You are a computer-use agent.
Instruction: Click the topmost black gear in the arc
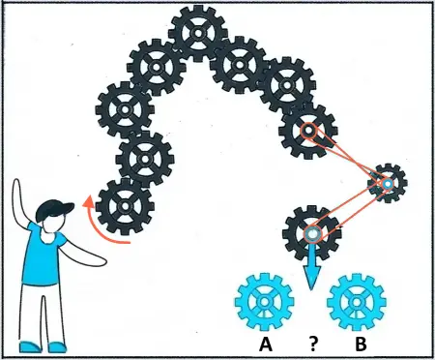197,35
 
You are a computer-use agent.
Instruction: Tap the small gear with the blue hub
388,183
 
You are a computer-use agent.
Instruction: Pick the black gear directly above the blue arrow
311,233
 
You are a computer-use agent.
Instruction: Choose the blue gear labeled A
263,303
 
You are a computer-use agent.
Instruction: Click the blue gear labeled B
357,303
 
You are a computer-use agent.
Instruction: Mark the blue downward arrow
311,274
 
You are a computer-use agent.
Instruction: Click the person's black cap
55,206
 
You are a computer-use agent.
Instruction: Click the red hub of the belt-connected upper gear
307,131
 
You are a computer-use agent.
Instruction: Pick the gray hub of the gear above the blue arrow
311,233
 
